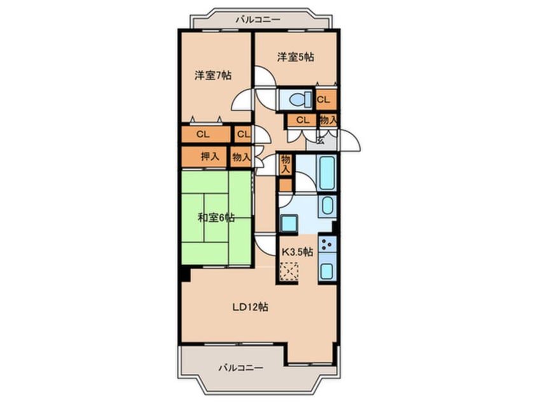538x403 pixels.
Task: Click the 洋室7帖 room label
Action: click(212, 75)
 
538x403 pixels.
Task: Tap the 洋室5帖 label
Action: click(295, 57)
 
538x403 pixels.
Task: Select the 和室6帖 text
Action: click(216, 218)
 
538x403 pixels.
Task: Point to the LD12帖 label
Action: click(249, 307)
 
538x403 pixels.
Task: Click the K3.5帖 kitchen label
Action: click(297, 252)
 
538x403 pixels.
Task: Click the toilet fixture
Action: click(297, 99)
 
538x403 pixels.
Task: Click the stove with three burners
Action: click(327, 243)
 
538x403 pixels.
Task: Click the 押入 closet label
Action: click(210, 156)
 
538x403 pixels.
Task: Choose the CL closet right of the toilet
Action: click(324, 100)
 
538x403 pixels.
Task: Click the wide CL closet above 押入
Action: click(203, 134)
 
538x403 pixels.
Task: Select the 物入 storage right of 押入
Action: click(240, 156)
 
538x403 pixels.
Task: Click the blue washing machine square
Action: click(290, 223)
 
